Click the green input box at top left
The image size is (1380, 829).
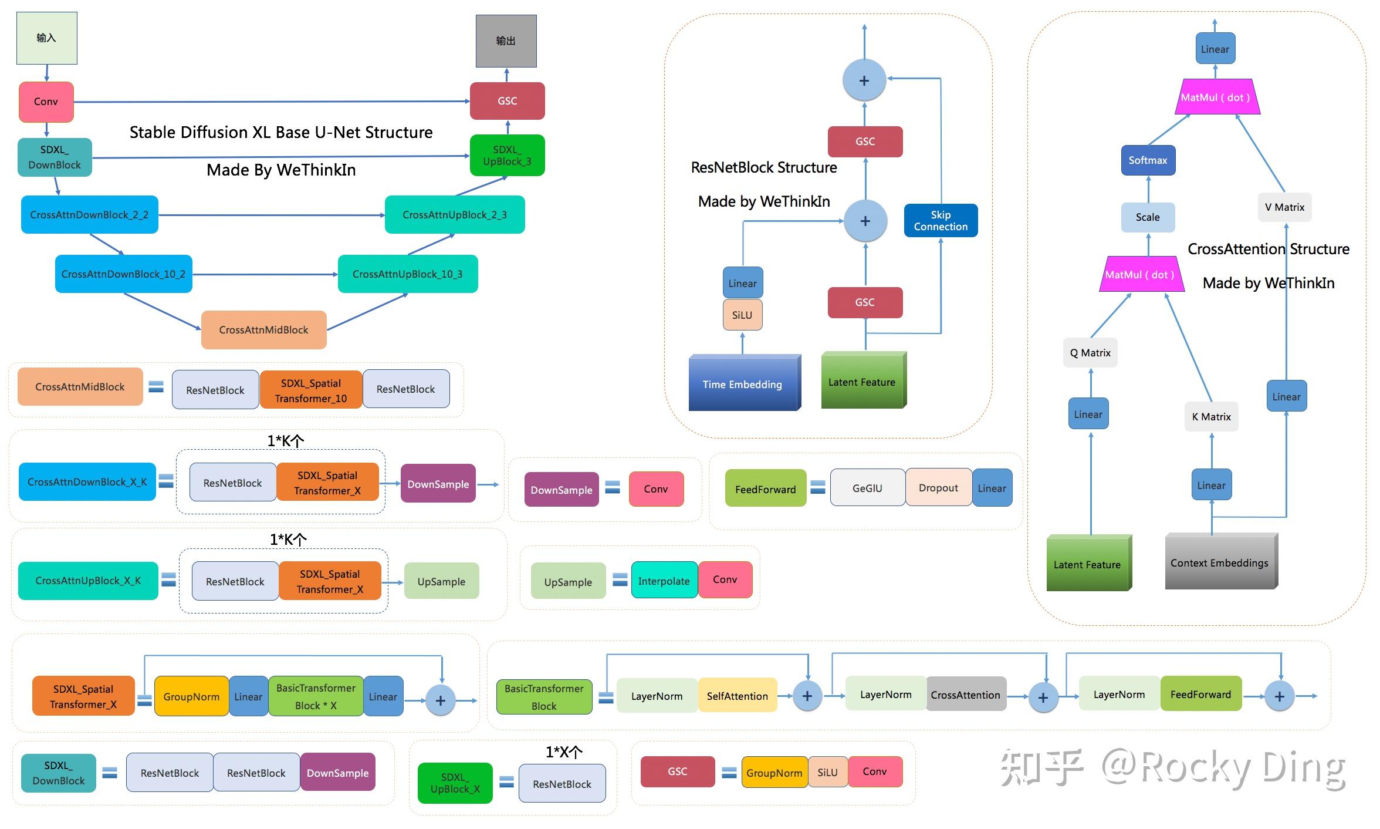tap(46, 38)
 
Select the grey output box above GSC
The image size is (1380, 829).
tap(506, 41)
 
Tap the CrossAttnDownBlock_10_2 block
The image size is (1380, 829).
tap(123, 274)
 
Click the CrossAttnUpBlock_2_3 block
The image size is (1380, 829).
tap(454, 214)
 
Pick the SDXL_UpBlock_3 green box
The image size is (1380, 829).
tap(507, 156)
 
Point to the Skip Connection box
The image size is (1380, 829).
tap(941, 220)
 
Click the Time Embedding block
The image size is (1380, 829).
tap(742, 384)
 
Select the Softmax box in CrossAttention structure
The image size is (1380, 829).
tap(1148, 160)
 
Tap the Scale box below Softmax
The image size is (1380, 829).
tap(1148, 217)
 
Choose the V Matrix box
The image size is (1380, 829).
tap(1284, 207)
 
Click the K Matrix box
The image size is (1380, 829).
tap(1211, 417)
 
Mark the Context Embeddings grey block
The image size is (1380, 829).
tap(1219, 562)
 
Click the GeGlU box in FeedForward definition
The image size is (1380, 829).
tap(867, 488)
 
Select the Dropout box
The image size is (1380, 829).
tap(938, 488)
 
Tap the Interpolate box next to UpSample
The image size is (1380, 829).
tap(664, 581)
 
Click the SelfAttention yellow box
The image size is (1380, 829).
tap(737, 696)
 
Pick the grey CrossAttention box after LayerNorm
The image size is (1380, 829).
tap(965, 695)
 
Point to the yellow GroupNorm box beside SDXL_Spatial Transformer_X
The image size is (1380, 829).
tap(191, 696)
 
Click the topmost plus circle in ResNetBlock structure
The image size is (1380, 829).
tap(864, 80)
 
